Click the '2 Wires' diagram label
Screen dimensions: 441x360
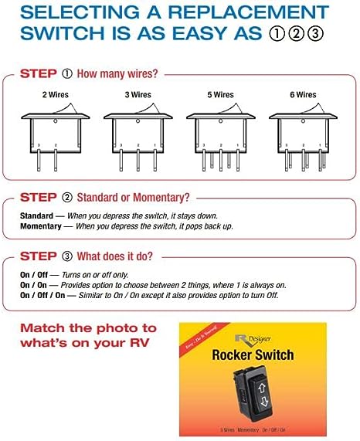click(x=56, y=95)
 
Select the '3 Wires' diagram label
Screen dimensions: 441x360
click(x=138, y=95)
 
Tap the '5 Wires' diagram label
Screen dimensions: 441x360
click(x=221, y=95)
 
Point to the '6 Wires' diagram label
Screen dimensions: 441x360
click(x=303, y=95)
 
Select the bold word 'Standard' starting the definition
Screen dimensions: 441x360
click(x=36, y=215)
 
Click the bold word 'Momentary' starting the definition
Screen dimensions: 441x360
click(x=40, y=226)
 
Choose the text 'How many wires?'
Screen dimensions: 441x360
click(x=117, y=75)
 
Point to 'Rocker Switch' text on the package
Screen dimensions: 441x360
click(x=252, y=356)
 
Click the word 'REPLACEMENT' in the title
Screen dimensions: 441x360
click(x=238, y=13)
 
